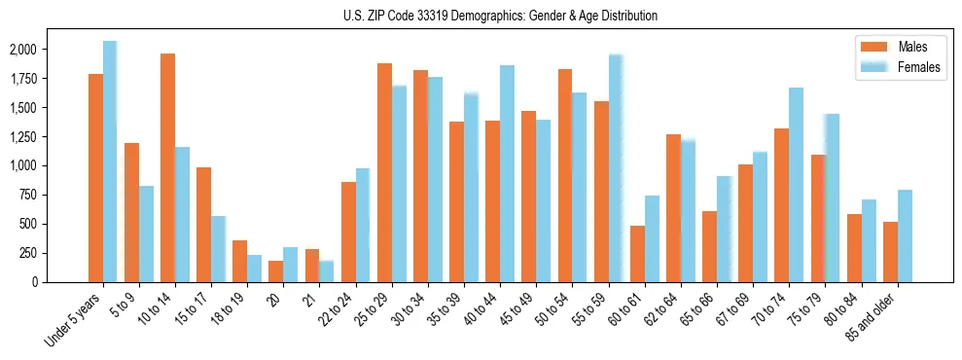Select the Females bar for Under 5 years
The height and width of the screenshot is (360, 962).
coord(110,162)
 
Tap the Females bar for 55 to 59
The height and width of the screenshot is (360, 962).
coord(616,168)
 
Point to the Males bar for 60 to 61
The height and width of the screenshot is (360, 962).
coord(637,254)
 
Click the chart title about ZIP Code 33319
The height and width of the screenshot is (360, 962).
coord(500,16)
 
